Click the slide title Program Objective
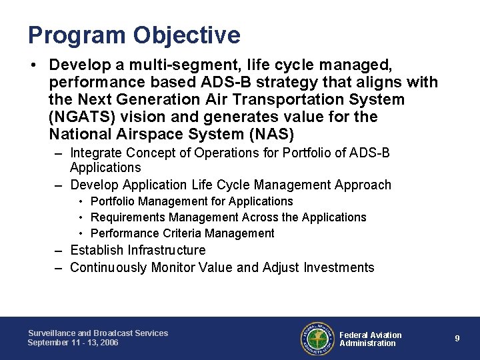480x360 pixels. coord(134,35)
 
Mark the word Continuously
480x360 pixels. coord(107,267)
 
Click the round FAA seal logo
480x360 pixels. coord(317,338)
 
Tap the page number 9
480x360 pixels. coord(457,338)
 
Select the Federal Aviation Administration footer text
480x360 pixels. coord(371,339)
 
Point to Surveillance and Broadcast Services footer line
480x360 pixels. coord(98,333)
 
